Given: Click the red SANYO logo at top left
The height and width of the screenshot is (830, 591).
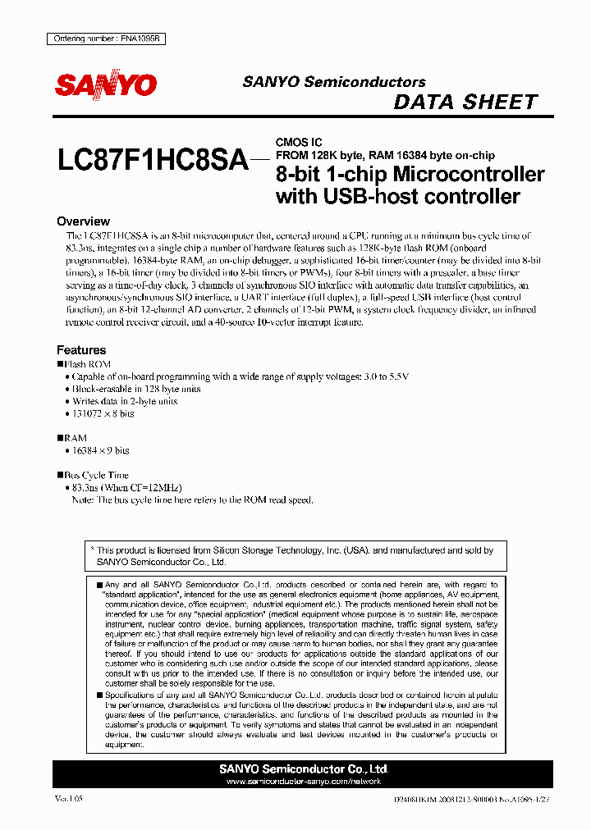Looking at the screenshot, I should tap(106, 84).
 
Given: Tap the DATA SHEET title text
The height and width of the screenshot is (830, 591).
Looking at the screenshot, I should tap(465, 103).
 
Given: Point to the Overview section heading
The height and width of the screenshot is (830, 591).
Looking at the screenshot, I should tap(83, 221).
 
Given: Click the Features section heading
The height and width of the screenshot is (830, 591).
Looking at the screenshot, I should tap(81, 350).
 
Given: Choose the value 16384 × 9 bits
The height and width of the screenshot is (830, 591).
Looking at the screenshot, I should tap(100, 451).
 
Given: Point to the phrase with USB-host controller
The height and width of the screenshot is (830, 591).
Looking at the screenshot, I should tap(398, 197).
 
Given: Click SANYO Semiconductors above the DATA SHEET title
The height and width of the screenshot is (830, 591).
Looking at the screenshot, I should tap(334, 82).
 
